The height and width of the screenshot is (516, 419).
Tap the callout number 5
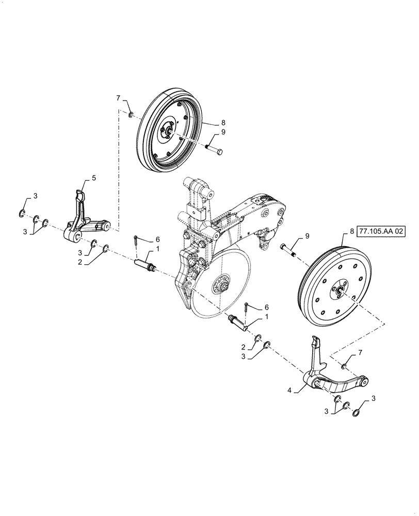[x=94, y=178]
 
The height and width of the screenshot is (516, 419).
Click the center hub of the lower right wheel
[x=339, y=293]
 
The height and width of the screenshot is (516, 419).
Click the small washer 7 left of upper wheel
[x=132, y=115]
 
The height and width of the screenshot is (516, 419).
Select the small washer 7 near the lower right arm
[x=344, y=366]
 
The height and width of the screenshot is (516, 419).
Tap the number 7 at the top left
[x=118, y=98]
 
